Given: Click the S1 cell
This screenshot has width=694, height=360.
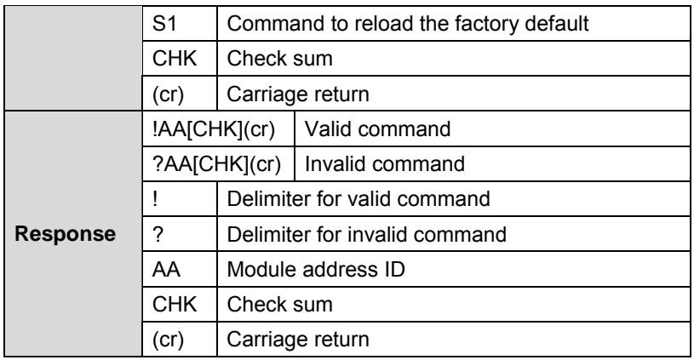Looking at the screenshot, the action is click(x=180, y=24).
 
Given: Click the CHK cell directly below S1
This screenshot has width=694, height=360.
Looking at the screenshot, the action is click(x=180, y=59).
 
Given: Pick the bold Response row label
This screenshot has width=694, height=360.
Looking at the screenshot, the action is click(x=66, y=233).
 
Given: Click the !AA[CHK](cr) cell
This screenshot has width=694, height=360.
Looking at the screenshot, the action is click(x=218, y=129).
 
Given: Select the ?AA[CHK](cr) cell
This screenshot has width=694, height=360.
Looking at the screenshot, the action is click(x=218, y=163).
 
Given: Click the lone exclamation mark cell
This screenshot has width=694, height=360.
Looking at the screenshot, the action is click(x=180, y=198).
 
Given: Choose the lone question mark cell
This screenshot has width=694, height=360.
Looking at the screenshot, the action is click(x=180, y=234).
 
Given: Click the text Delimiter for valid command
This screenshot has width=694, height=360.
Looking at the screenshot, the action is click(x=358, y=198).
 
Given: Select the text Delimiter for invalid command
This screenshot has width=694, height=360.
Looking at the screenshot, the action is click(x=366, y=234).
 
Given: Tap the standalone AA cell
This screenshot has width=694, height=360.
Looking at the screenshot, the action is click(x=180, y=269).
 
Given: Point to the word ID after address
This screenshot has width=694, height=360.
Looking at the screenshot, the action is click(x=395, y=269).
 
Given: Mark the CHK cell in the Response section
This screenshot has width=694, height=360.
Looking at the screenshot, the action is click(x=180, y=305).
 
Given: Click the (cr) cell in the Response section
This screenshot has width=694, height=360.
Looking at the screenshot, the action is click(x=180, y=340).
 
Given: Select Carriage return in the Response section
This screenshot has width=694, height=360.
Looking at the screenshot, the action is click(x=298, y=340).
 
